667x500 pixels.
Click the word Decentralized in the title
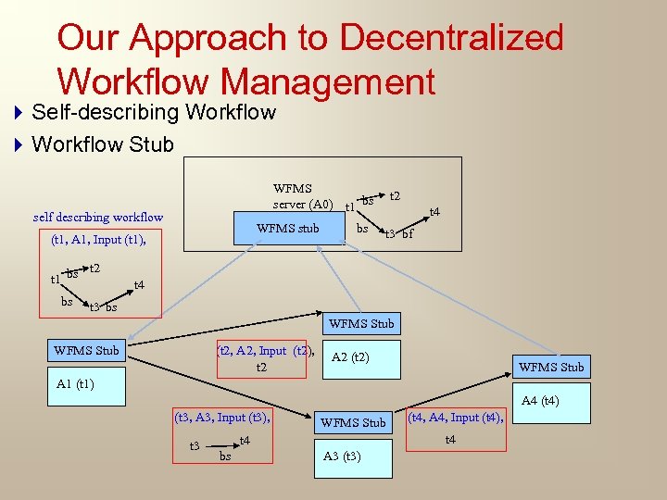tap(451, 38)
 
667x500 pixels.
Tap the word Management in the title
tap(328, 82)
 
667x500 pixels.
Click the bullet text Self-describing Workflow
tap(154, 113)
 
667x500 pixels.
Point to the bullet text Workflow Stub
tap(103, 144)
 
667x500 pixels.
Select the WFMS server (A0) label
tap(304, 196)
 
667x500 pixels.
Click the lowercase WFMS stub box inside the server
tap(287, 229)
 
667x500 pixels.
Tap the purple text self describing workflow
tap(98, 218)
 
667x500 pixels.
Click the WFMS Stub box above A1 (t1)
tap(86, 350)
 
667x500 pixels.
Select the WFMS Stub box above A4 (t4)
tap(551, 367)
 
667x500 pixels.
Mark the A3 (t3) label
tap(342, 456)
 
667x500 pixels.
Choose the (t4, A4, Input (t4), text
tap(457, 418)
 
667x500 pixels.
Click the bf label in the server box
tap(408, 234)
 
